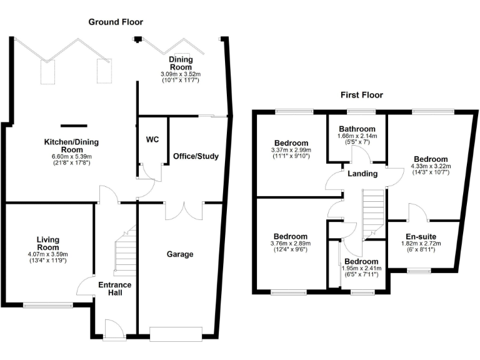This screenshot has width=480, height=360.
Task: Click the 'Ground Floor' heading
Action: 116,22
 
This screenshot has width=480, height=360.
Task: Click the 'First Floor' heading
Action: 362,95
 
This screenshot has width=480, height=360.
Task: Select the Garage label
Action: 180,254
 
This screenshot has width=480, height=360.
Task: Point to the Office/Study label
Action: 196,156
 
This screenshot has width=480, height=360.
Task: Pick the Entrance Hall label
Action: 115,289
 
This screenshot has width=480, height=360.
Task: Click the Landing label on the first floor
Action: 362,173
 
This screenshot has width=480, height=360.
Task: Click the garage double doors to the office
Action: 184,210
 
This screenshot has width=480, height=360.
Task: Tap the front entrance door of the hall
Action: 113,329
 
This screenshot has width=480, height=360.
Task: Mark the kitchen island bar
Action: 74,124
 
